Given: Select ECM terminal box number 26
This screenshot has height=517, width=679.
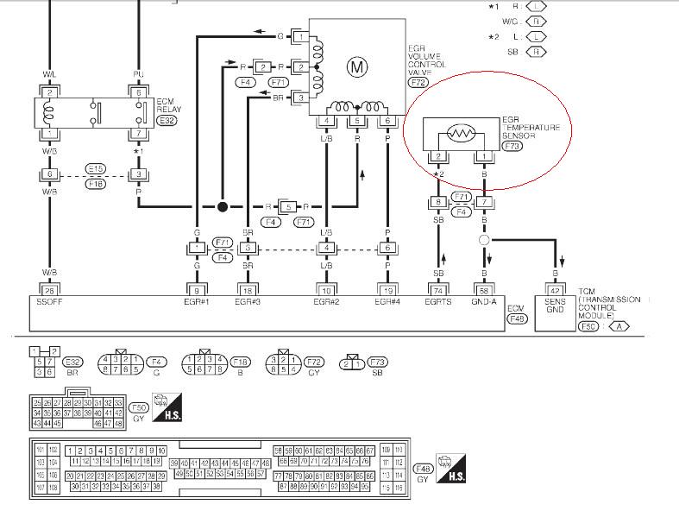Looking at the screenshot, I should point(48,291).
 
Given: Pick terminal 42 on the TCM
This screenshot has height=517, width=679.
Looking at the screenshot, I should point(556,291).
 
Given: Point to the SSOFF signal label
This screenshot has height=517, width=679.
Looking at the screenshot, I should point(48,303).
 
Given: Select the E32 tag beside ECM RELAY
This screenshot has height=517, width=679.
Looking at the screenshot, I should point(167,122).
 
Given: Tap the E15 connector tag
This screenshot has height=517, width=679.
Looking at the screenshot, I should point(95,167).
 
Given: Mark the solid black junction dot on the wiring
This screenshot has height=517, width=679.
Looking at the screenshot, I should point(223,207).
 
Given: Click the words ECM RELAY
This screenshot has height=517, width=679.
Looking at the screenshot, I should point(167,104).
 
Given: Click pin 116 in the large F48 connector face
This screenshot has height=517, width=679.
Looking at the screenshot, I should point(397,488).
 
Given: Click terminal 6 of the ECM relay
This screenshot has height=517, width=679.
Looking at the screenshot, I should point(138,92).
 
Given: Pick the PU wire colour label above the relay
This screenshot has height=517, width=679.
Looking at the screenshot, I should point(138,74).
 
